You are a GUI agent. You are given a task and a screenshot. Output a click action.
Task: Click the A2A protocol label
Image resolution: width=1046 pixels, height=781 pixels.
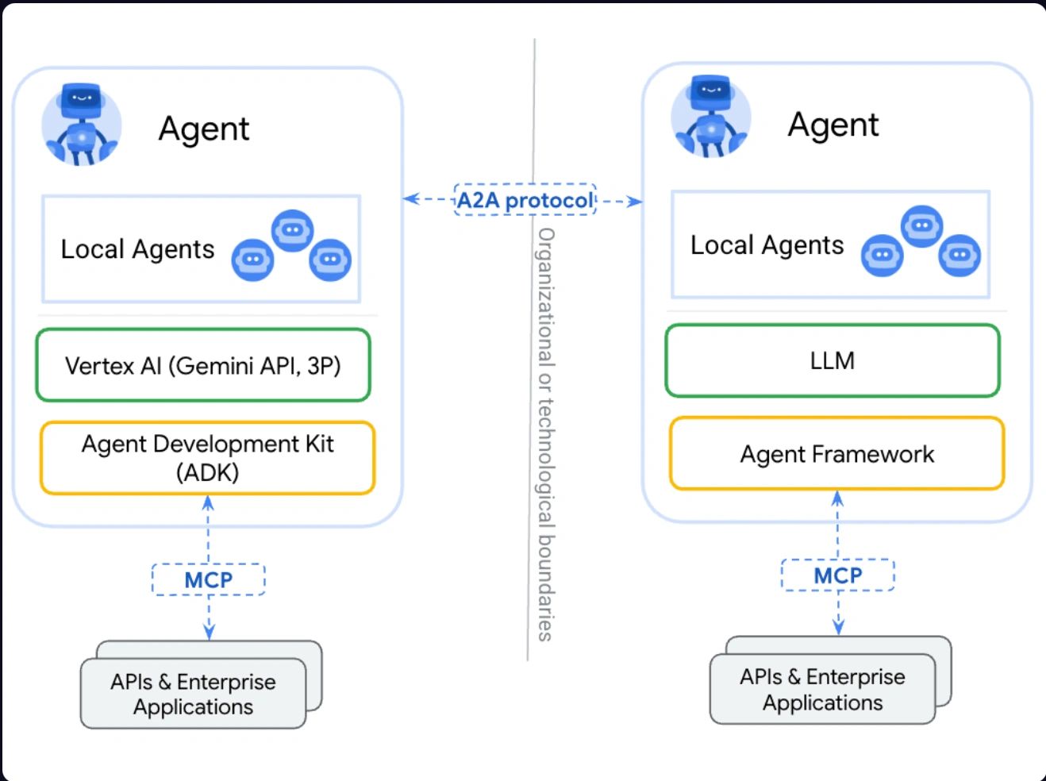tap(525, 200)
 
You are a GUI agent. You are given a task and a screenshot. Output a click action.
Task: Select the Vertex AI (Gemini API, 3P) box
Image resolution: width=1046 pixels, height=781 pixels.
tap(203, 365)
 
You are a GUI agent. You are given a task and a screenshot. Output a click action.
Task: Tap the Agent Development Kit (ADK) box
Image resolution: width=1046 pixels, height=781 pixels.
tap(207, 458)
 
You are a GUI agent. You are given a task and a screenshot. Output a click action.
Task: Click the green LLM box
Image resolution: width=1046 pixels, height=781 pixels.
tap(833, 360)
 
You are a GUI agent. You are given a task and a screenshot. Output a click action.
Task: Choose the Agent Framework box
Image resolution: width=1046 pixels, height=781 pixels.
tap(837, 454)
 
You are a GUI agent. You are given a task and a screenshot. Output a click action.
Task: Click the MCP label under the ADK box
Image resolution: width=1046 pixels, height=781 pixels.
tap(208, 579)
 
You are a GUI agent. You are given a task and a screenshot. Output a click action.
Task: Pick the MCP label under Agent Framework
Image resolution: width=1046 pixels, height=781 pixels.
tap(838, 575)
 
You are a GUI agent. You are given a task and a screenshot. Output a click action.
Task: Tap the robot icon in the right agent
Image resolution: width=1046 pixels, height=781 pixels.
tap(711, 117)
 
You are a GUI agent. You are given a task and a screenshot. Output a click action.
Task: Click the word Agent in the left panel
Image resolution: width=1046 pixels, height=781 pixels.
tap(204, 129)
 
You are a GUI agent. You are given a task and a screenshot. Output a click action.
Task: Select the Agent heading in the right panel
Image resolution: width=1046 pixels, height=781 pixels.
tap(833, 125)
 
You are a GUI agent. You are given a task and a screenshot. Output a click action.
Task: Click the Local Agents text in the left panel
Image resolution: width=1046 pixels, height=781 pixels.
tap(137, 249)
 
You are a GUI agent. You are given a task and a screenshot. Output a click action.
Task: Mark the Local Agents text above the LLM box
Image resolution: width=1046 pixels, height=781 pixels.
tap(767, 245)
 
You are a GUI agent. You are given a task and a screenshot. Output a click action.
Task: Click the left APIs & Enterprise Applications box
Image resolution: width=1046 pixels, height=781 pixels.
tap(194, 694)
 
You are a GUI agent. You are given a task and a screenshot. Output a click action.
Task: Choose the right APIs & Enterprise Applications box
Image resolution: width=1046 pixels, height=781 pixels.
tap(823, 689)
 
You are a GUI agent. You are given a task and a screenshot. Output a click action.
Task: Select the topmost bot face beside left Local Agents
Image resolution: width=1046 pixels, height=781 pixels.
tap(292, 230)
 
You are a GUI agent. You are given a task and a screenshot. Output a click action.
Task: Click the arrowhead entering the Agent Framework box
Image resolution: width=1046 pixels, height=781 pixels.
tap(837, 498)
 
